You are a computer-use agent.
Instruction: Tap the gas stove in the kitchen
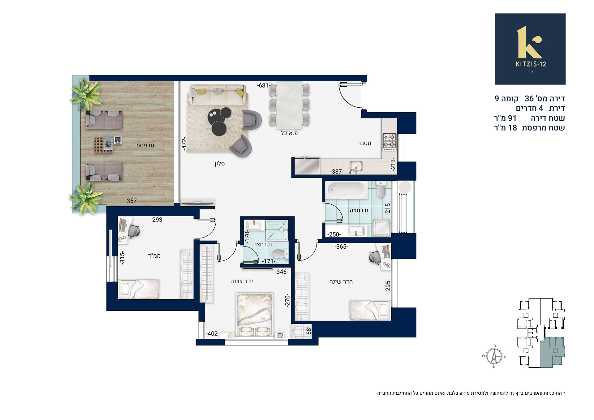pyautogui.click(x=390, y=142)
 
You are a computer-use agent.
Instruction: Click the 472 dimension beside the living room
pyautogui.click(x=184, y=144)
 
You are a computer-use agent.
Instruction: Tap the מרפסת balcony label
pyautogui.click(x=145, y=145)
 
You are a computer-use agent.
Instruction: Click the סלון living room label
pyautogui.click(x=220, y=163)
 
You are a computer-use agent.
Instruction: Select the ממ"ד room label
pyautogui.click(x=154, y=256)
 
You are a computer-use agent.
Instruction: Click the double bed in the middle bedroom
pyautogui.click(x=255, y=315)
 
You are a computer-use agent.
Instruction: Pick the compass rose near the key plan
pyautogui.click(x=494, y=356)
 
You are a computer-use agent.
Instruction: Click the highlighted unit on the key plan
pyautogui.click(x=552, y=352)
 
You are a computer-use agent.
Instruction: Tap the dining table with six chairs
pyautogui.click(x=289, y=105)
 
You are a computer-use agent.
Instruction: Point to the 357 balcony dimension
pyautogui.click(x=131, y=201)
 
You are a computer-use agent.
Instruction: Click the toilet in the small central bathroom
pyautogui.click(x=280, y=254)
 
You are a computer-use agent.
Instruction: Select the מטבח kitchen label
pyautogui.click(x=364, y=143)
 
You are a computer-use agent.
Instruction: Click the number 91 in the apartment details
pyautogui.click(x=512, y=118)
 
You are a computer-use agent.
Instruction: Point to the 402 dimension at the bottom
pyautogui.click(x=213, y=334)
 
